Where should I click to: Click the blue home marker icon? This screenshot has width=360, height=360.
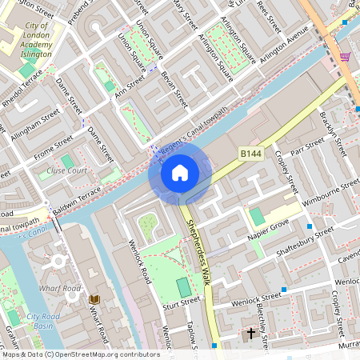[x=179, y=173]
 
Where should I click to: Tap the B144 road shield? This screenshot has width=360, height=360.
[x=250, y=152]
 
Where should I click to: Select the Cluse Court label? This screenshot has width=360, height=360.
[x=66, y=170]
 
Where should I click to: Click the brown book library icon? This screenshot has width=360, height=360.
[x=94, y=299]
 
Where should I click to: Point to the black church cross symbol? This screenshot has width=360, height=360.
[x=250, y=332]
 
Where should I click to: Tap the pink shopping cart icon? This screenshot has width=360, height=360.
[x=345, y=57]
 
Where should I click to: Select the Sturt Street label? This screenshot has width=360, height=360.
[x=180, y=302]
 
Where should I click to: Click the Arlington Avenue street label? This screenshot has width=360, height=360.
[x=286, y=47]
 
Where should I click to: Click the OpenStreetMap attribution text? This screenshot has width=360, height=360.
[x=80, y=354]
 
